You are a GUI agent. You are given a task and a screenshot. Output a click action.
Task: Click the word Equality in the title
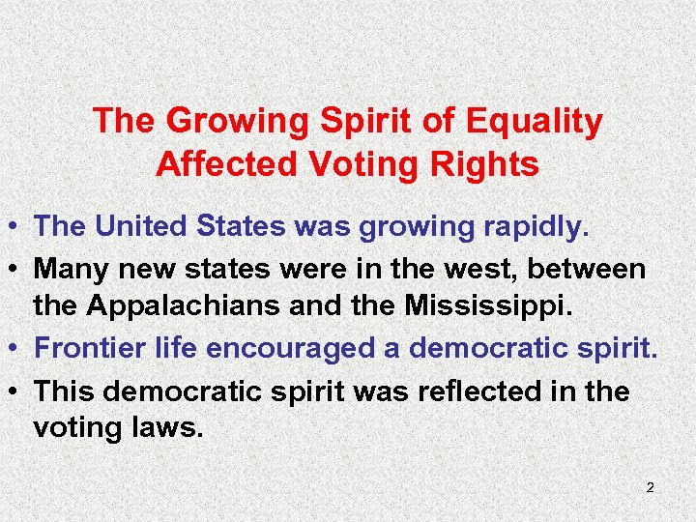click(535, 122)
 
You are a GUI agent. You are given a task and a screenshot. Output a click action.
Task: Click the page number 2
click(650, 487)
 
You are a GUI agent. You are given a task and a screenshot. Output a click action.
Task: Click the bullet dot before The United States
click(16, 228)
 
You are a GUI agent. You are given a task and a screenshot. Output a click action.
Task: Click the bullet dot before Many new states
click(16, 270)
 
